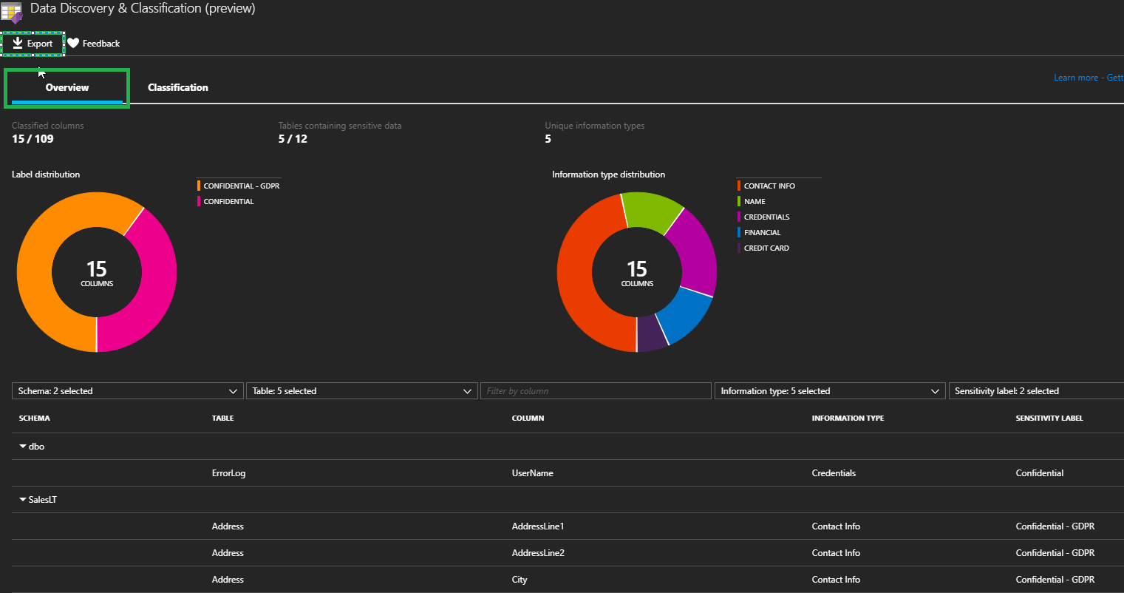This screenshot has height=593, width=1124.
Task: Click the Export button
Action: point(33,44)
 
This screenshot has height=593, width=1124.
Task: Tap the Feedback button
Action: point(94,44)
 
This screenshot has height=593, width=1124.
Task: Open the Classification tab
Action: point(177,87)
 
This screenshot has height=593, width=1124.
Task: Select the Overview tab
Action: point(67,87)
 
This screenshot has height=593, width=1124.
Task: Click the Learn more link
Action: point(1075,78)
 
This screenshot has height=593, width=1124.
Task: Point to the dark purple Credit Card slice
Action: point(651,334)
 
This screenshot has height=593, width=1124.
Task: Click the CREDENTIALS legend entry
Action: point(766,217)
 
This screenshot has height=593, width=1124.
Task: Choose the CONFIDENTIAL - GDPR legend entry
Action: point(241,186)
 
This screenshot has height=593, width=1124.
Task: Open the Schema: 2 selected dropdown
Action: point(127,391)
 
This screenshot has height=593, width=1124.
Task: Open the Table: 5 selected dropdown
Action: point(361,391)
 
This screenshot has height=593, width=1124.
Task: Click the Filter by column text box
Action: point(596,391)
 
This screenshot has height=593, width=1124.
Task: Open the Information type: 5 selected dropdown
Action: point(830,391)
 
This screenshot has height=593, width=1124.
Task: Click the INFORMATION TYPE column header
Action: point(848,419)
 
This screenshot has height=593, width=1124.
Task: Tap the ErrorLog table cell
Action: point(228,473)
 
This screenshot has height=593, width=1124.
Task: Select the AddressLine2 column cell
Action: point(538,553)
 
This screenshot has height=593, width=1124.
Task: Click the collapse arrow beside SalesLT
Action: point(23,500)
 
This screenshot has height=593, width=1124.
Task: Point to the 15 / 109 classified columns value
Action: point(33,139)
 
